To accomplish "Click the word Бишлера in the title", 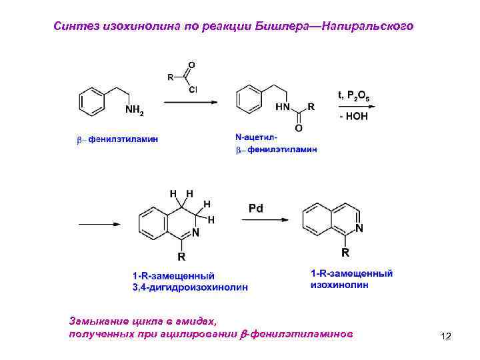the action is coord(281,26).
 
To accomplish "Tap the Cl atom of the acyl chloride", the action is coord(193,88).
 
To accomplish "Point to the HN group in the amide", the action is coord(284,107).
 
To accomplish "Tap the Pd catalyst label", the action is coord(257,208).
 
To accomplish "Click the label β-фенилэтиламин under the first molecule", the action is coord(117,140).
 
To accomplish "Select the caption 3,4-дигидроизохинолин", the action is coord(189,287).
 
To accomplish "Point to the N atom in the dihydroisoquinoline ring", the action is coord(195,232).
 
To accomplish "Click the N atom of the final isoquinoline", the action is coord(359,229).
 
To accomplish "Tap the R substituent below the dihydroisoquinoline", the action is coord(181,256).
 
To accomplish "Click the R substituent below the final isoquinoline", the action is coord(345,253).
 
